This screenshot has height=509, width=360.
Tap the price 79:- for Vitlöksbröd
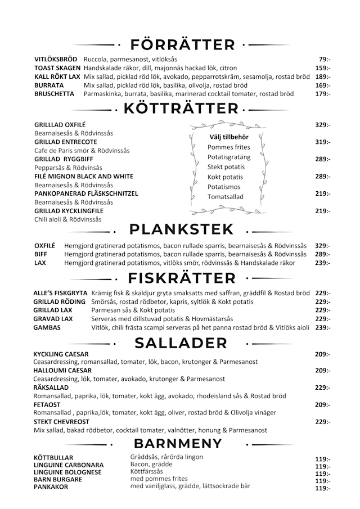point(325,59)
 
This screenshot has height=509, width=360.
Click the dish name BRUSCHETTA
point(54,94)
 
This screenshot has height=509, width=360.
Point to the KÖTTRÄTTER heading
point(181,109)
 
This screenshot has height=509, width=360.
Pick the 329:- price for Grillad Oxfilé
point(322,124)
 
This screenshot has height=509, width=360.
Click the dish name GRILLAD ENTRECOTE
point(65,142)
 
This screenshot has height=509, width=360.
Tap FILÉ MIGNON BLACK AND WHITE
point(83,176)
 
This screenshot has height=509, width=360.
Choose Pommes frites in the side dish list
point(228,147)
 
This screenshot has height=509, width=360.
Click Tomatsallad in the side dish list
point(225,197)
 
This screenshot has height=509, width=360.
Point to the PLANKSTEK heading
point(181,229)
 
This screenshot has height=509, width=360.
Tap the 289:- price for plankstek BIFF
point(322,254)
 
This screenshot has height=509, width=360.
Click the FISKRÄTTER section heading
point(182,278)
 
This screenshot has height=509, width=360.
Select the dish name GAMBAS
point(47,327)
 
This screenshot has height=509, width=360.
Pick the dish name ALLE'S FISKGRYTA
point(60,294)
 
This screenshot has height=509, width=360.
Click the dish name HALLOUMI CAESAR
point(62,371)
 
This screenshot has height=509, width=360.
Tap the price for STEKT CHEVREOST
point(322,422)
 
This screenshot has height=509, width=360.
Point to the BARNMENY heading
point(182,443)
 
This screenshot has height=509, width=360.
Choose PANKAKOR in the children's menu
point(51,487)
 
